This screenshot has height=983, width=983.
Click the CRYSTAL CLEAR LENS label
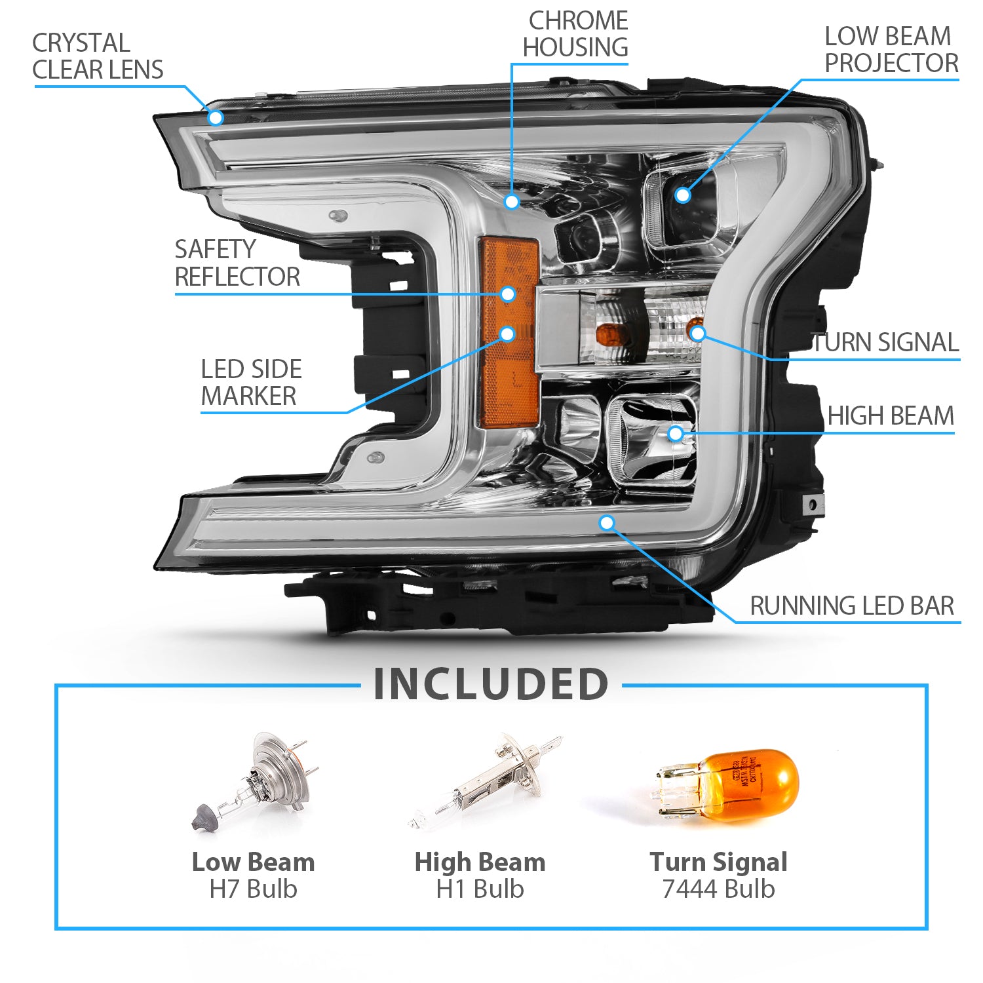98,56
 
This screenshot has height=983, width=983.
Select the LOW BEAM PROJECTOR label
890,50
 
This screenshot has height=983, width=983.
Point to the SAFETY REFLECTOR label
237,263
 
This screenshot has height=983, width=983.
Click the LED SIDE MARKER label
250,383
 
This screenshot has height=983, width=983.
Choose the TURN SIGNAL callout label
885,342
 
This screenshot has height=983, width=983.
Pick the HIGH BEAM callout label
890,415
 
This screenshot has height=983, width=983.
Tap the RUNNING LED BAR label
851,606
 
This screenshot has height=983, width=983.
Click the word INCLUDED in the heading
491,684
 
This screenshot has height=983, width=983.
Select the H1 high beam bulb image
485,780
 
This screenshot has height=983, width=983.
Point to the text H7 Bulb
253,889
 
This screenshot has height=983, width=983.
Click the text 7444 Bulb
718,889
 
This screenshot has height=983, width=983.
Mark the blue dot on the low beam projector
683,195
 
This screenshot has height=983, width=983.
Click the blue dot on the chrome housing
512,201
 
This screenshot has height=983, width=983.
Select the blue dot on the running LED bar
607,522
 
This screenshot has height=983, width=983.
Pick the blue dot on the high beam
675,433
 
